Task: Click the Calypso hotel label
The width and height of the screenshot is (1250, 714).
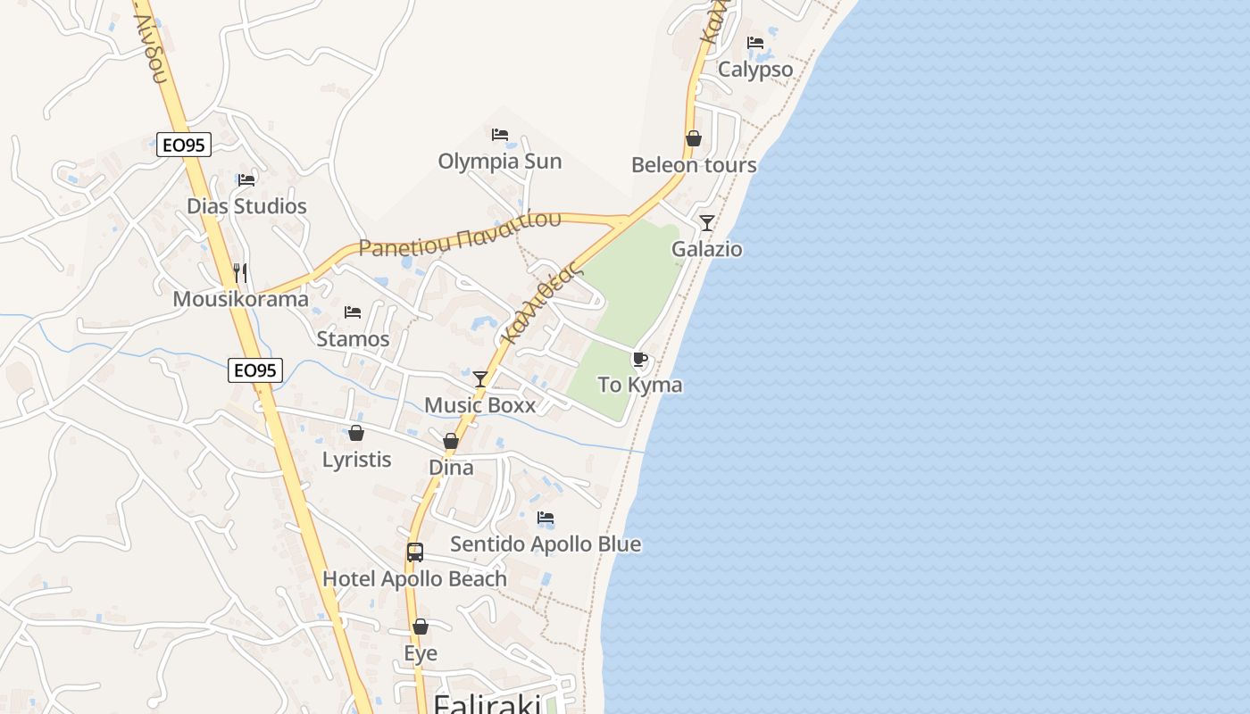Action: pos(755,70)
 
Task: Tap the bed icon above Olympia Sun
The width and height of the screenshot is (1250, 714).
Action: pos(500,135)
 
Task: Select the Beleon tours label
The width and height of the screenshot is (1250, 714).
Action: pos(694,165)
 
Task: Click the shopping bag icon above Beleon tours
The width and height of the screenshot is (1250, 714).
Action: pos(693,138)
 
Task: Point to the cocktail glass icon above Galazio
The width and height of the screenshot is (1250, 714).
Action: pos(707,222)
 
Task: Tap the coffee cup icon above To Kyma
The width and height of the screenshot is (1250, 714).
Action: pos(639,360)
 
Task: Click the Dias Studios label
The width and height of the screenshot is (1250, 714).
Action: pos(246,206)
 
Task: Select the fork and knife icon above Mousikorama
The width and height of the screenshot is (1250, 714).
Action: pos(239,272)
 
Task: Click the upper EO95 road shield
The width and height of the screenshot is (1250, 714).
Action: pos(184,145)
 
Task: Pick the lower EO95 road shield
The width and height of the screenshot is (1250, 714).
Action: pos(255,370)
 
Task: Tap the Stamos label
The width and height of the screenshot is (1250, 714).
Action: pos(353,339)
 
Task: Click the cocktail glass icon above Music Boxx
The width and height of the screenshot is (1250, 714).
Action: pos(480,379)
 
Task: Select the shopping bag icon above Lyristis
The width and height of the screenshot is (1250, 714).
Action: pos(356,434)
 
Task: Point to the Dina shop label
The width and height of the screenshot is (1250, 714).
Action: pos(451,468)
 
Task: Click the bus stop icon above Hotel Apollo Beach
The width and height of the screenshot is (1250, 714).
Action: pos(414,552)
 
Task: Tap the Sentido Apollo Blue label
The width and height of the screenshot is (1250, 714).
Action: pos(546,544)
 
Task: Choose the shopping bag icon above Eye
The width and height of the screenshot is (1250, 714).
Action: pos(421,627)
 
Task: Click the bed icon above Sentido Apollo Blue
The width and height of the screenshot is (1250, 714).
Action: pos(546,518)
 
